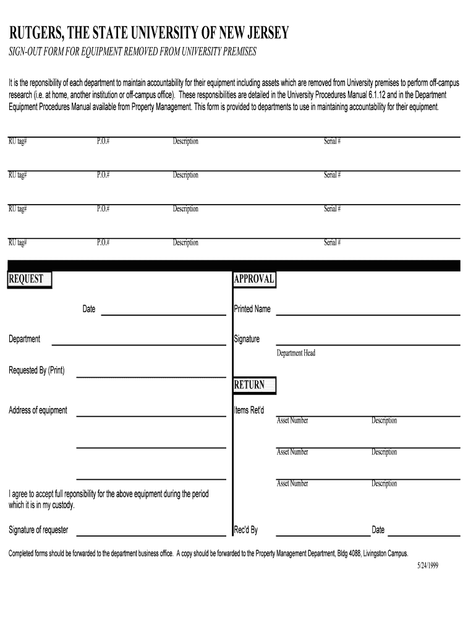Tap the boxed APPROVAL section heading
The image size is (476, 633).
coord(254,279)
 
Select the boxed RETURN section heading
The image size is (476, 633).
coord(250,385)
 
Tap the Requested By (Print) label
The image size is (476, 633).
coord(36,371)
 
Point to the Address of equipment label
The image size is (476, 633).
coord(38,410)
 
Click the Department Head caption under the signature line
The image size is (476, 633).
coord(295,353)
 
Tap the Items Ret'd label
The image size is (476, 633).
coord(249,410)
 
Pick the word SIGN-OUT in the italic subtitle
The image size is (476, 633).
coord(25,51)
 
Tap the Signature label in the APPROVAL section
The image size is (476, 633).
coord(247,339)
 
